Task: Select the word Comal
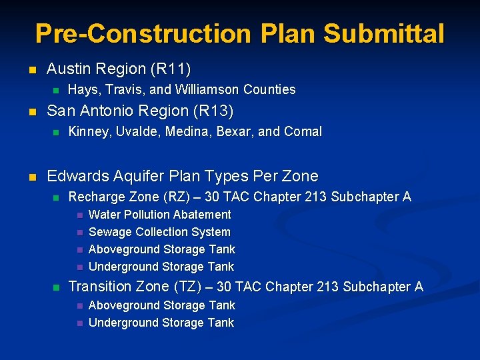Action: [303, 132]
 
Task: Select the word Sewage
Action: [110, 232]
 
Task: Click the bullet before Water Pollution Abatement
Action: [78, 215]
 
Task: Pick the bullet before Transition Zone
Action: [56, 287]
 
